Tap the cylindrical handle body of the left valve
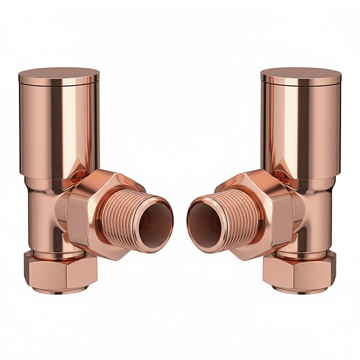tap(59, 128)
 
